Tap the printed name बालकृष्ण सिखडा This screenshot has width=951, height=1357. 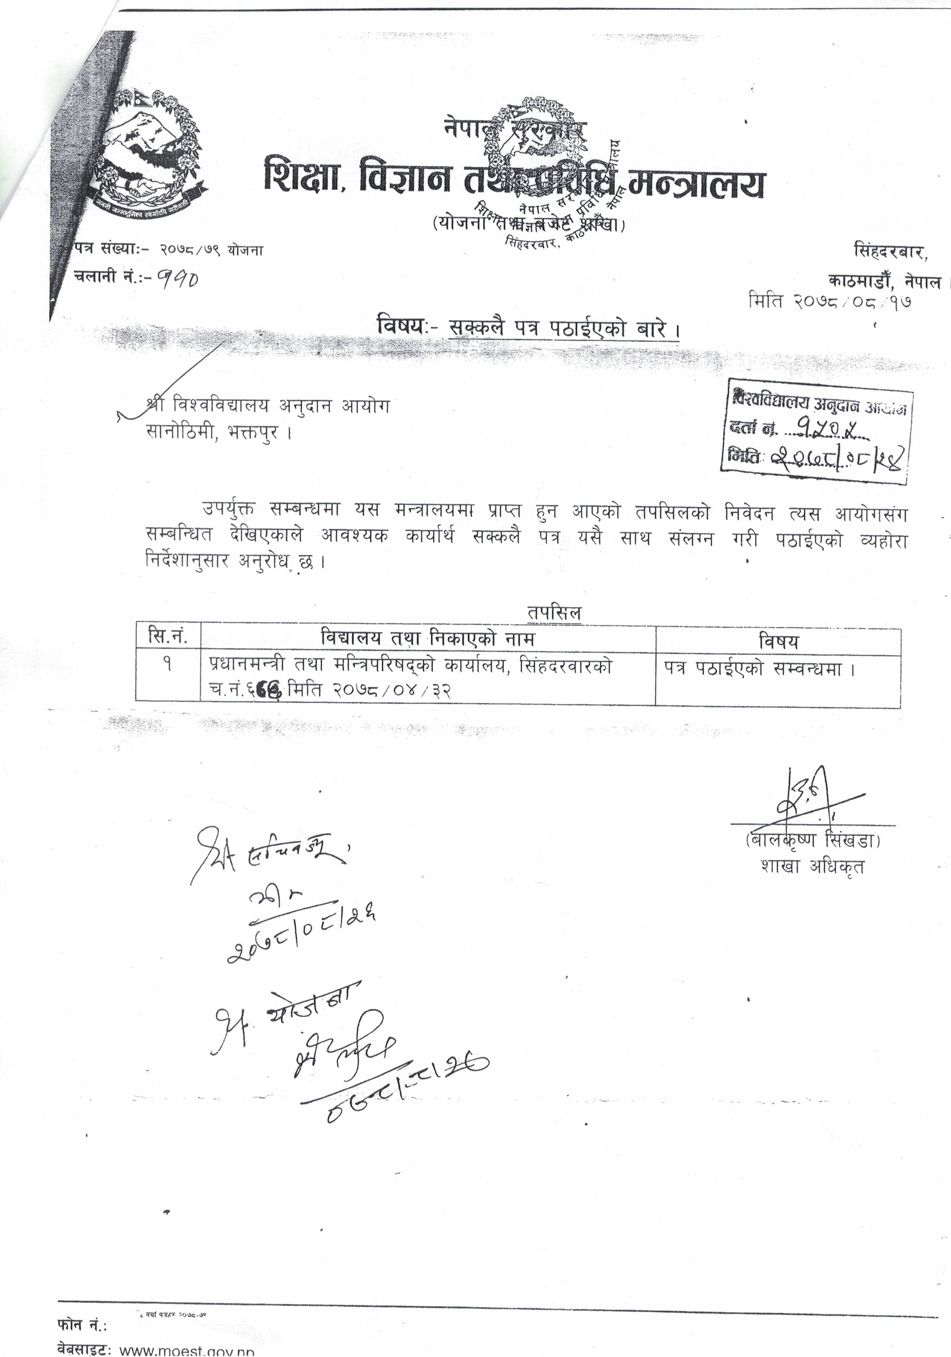pos(813,840)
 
